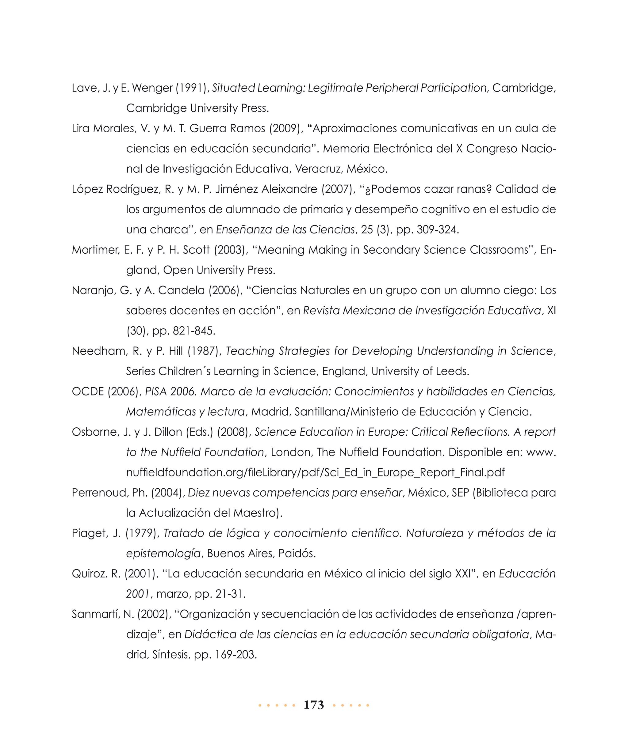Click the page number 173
pos(314,705)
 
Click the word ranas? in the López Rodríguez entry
pos(474,189)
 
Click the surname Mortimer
pos(95,250)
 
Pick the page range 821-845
pos(194,331)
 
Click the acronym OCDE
pos(88,392)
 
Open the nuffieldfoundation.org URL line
pos(315,473)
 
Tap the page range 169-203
pos(236,655)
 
